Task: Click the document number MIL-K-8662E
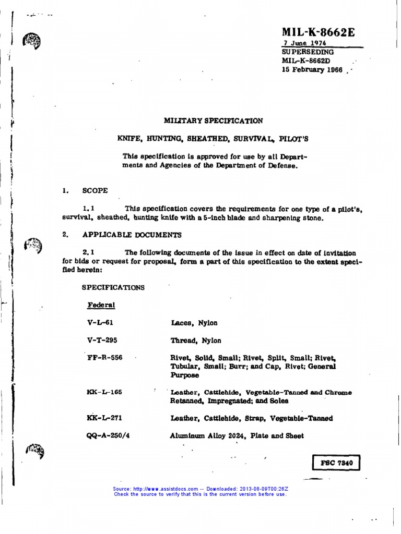pos(318,33)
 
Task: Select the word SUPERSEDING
pos(308,53)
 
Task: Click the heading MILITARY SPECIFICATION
pos(213,120)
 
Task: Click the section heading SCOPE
pos(95,191)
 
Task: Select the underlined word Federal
pos(101,305)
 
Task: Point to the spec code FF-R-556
pos(104,358)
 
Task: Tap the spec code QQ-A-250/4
pos(108,435)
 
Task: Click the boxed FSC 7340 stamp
pos(336,463)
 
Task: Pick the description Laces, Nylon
pos(194,323)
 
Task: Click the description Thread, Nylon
pos(196,341)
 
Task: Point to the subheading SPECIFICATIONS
pos(113,287)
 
